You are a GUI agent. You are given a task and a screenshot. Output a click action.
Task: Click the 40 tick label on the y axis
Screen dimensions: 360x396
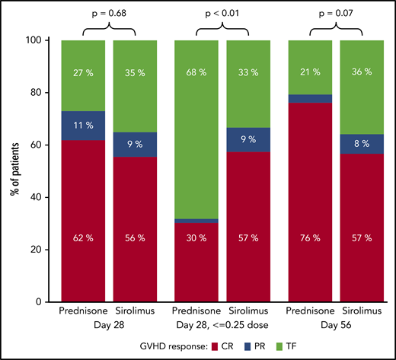pyautogui.click(x=43, y=197)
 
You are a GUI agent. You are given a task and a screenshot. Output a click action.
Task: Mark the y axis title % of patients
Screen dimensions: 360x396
pyautogui.click(x=13, y=170)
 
